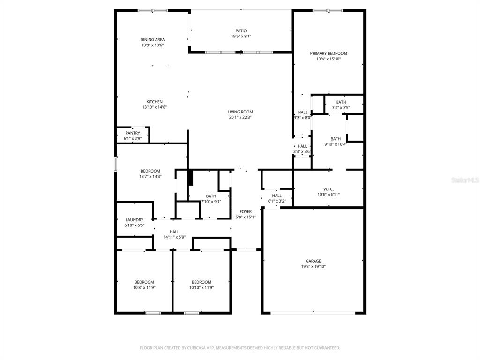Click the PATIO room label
coord(241,30)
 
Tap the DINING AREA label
coord(152,39)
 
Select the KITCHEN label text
coord(154,102)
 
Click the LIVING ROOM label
coord(240,112)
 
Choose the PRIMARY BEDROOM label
coord(329,53)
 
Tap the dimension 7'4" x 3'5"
coord(341,107)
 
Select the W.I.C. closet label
coord(329,189)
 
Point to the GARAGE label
coord(313,261)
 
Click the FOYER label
coord(246,211)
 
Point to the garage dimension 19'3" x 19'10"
coord(313,266)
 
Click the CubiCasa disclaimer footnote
coord(240,348)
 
